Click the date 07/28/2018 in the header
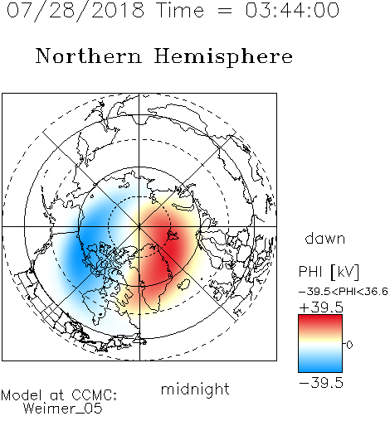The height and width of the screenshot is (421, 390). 76,11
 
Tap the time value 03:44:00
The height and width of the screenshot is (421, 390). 292,10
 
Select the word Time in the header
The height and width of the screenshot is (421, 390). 180,10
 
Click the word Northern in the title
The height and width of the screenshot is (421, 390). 89,56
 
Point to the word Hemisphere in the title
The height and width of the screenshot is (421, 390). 223,57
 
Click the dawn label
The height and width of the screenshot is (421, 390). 325,238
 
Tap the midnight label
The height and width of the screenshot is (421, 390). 195,390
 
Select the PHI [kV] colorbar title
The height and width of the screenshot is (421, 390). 329,272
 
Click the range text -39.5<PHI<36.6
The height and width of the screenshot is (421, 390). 344,292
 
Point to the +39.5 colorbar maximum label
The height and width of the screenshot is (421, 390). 321,307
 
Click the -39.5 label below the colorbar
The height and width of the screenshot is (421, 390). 321,383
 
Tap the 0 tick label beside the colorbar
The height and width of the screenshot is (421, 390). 349,345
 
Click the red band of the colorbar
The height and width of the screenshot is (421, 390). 320,322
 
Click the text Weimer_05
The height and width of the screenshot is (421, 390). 62,409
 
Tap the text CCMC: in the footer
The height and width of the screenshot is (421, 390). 95,395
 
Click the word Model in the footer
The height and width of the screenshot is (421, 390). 22,395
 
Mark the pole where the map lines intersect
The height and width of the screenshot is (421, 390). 139,227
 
